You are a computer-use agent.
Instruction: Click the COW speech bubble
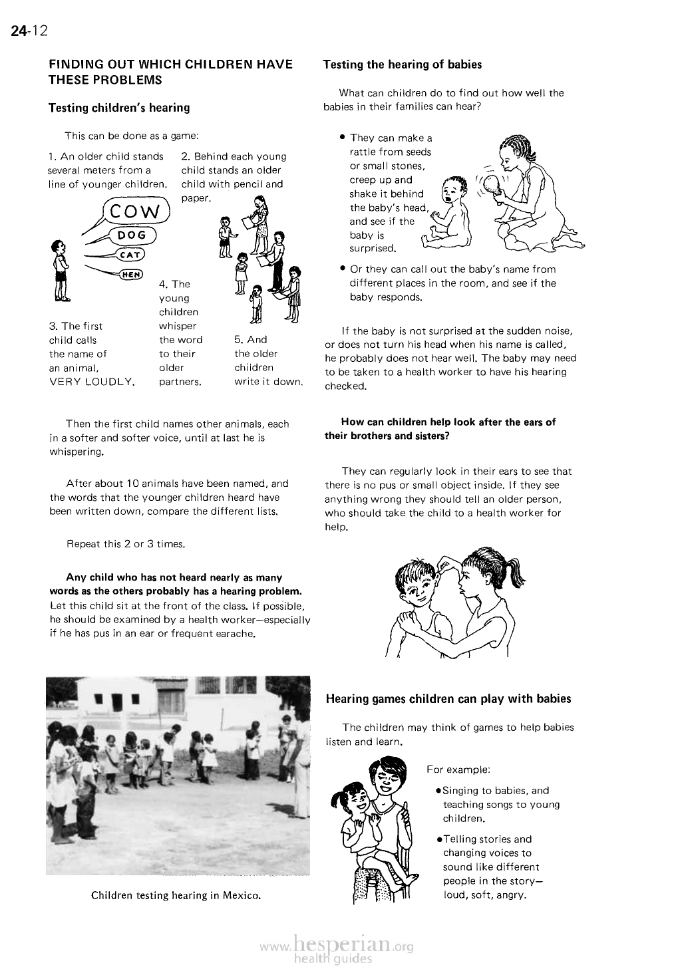[x=136, y=211]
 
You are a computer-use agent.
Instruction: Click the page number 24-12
[x=27, y=31]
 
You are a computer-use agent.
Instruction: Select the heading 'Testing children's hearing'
[x=119, y=108]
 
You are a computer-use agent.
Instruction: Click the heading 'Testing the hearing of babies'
[x=402, y=65]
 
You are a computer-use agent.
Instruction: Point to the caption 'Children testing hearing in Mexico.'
[x=176, y=895]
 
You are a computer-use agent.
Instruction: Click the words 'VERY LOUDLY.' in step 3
[x=92, y=382]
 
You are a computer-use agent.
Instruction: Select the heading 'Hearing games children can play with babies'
[x=448, y=699]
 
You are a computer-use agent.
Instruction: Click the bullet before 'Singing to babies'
[x=437, y=791]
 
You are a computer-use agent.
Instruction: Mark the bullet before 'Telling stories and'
[x=437, y=839]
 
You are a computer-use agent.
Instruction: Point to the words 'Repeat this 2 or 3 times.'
[x=125, y=544]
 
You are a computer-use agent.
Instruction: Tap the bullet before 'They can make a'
[x=341, y=137]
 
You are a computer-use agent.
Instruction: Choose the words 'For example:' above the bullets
[x=458, y=769]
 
